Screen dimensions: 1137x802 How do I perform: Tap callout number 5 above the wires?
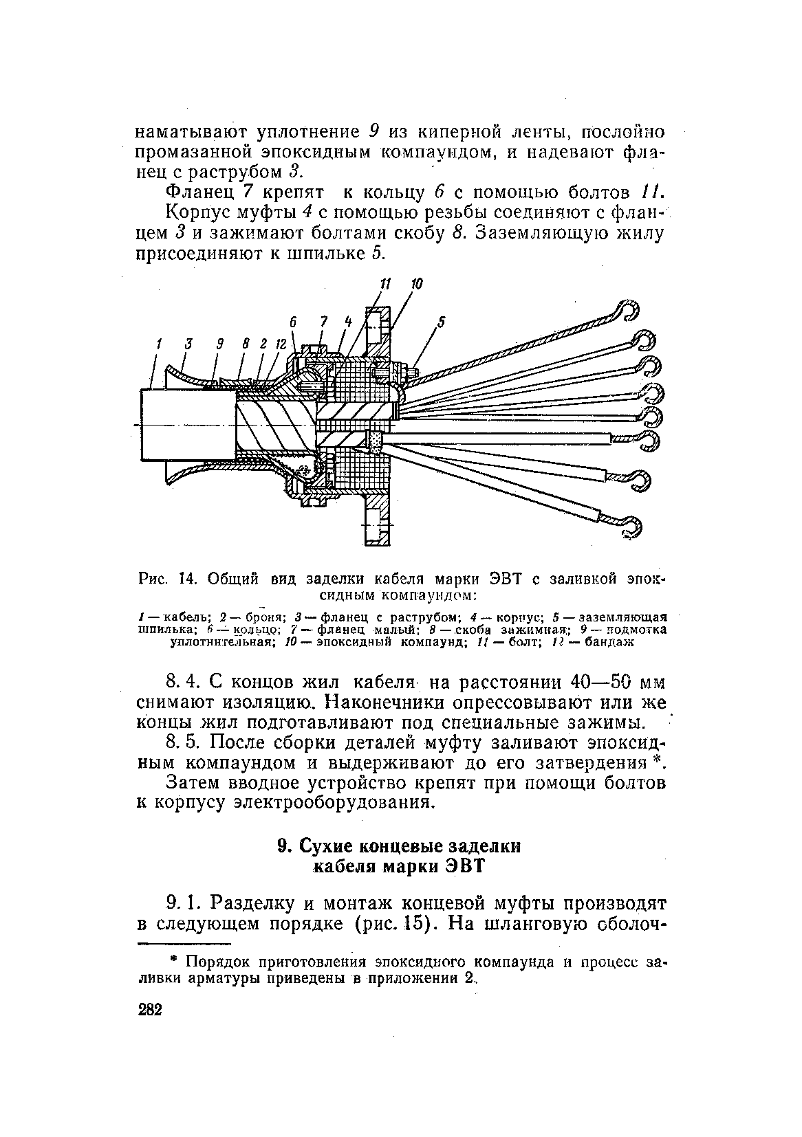coord(442,321)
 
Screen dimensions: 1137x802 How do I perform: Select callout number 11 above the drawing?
coord(385,284)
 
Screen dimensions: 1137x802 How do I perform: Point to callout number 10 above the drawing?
coord(416,284)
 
